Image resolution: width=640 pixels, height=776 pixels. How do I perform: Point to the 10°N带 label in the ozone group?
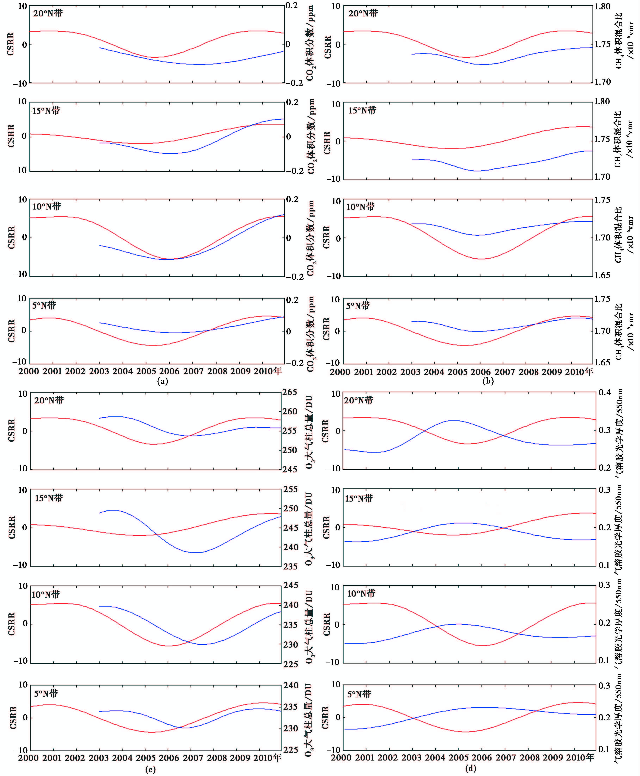46,594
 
